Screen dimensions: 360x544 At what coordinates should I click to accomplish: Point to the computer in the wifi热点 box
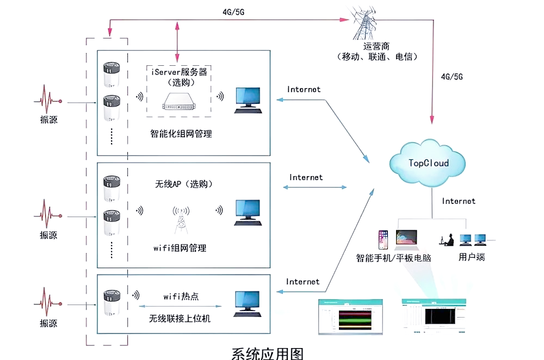248,302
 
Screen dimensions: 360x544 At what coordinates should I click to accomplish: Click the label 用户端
472,257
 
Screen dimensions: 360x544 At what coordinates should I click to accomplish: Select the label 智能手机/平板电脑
394,258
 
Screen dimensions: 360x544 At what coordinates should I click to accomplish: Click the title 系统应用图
267,352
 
